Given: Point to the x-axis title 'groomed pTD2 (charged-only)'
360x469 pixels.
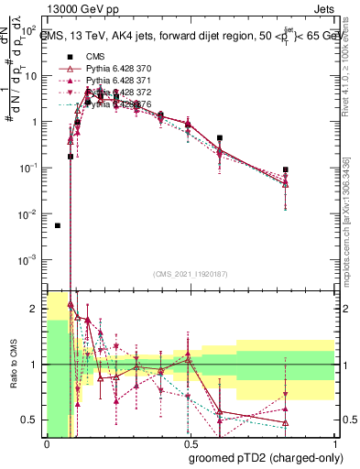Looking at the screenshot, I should click(267, 457).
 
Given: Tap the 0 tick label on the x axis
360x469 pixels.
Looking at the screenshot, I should click(47, 442).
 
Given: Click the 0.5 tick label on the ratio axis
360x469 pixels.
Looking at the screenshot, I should click(35, 420).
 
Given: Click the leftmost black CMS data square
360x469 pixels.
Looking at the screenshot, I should click(58, 225).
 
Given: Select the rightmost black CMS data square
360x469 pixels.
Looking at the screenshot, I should click(286, 169).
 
